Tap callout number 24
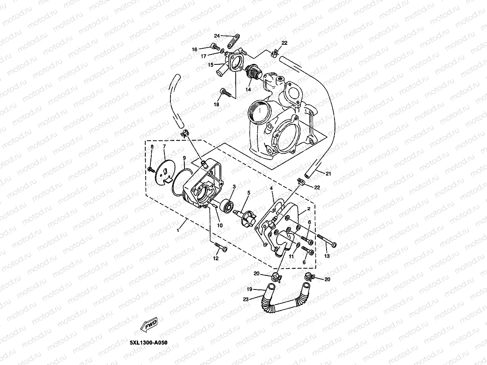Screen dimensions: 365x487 point(217,36)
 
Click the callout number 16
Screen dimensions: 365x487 point(194,50)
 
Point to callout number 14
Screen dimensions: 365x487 point(248,90)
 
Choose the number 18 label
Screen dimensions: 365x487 point(216,104)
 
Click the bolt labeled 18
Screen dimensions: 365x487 point(226,94)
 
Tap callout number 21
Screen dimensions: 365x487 point(328,173)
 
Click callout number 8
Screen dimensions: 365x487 point(152,148)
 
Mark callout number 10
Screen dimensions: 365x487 point(220,225)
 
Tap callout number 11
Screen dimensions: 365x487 point(292,256)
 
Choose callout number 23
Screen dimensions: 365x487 point(246,299)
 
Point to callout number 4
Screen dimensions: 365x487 point(271,188)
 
